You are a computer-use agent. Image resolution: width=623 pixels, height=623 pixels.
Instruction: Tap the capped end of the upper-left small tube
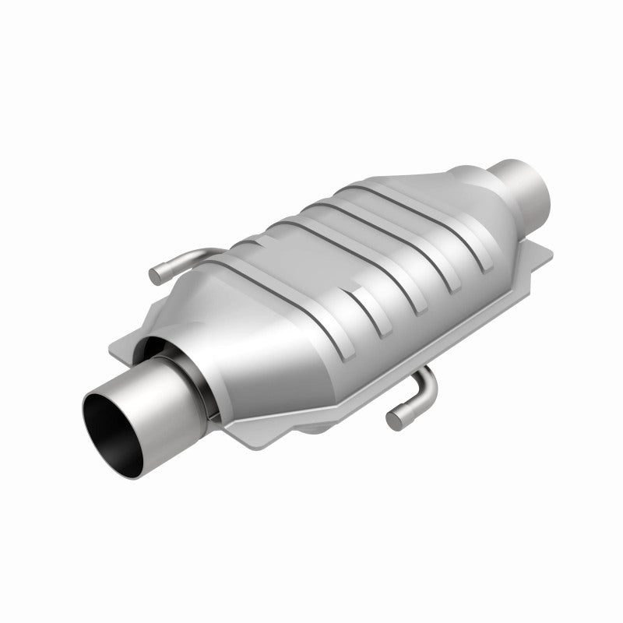(x=156, y=274)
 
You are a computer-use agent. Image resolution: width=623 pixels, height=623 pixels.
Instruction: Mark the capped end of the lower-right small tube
(x=393, y=420)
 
